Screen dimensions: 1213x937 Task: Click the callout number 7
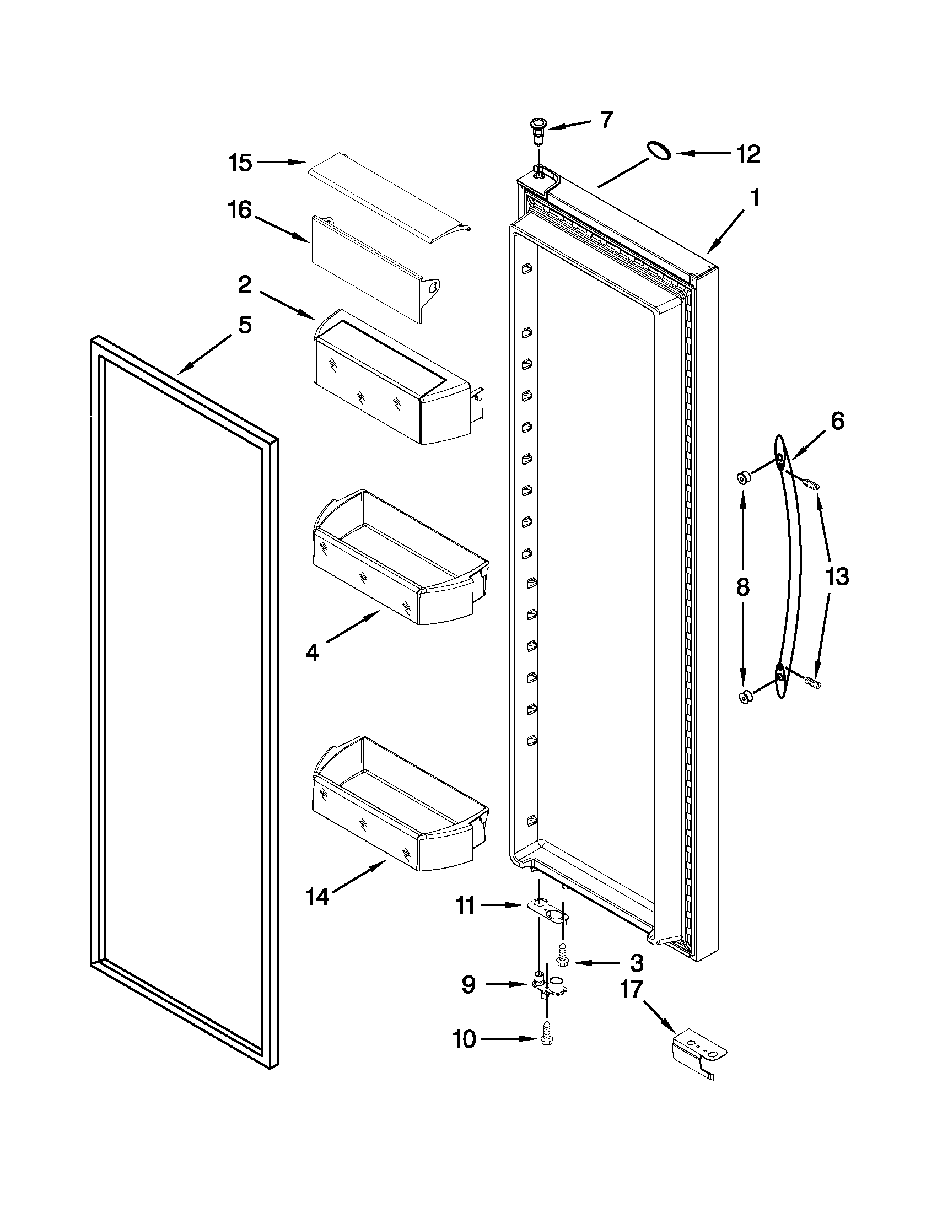coord(606,120)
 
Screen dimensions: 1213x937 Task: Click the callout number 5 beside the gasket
coord(245,325)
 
